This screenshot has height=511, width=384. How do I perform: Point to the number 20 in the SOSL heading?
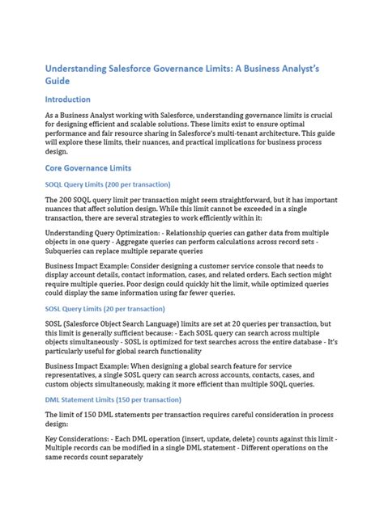[113, 308]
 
